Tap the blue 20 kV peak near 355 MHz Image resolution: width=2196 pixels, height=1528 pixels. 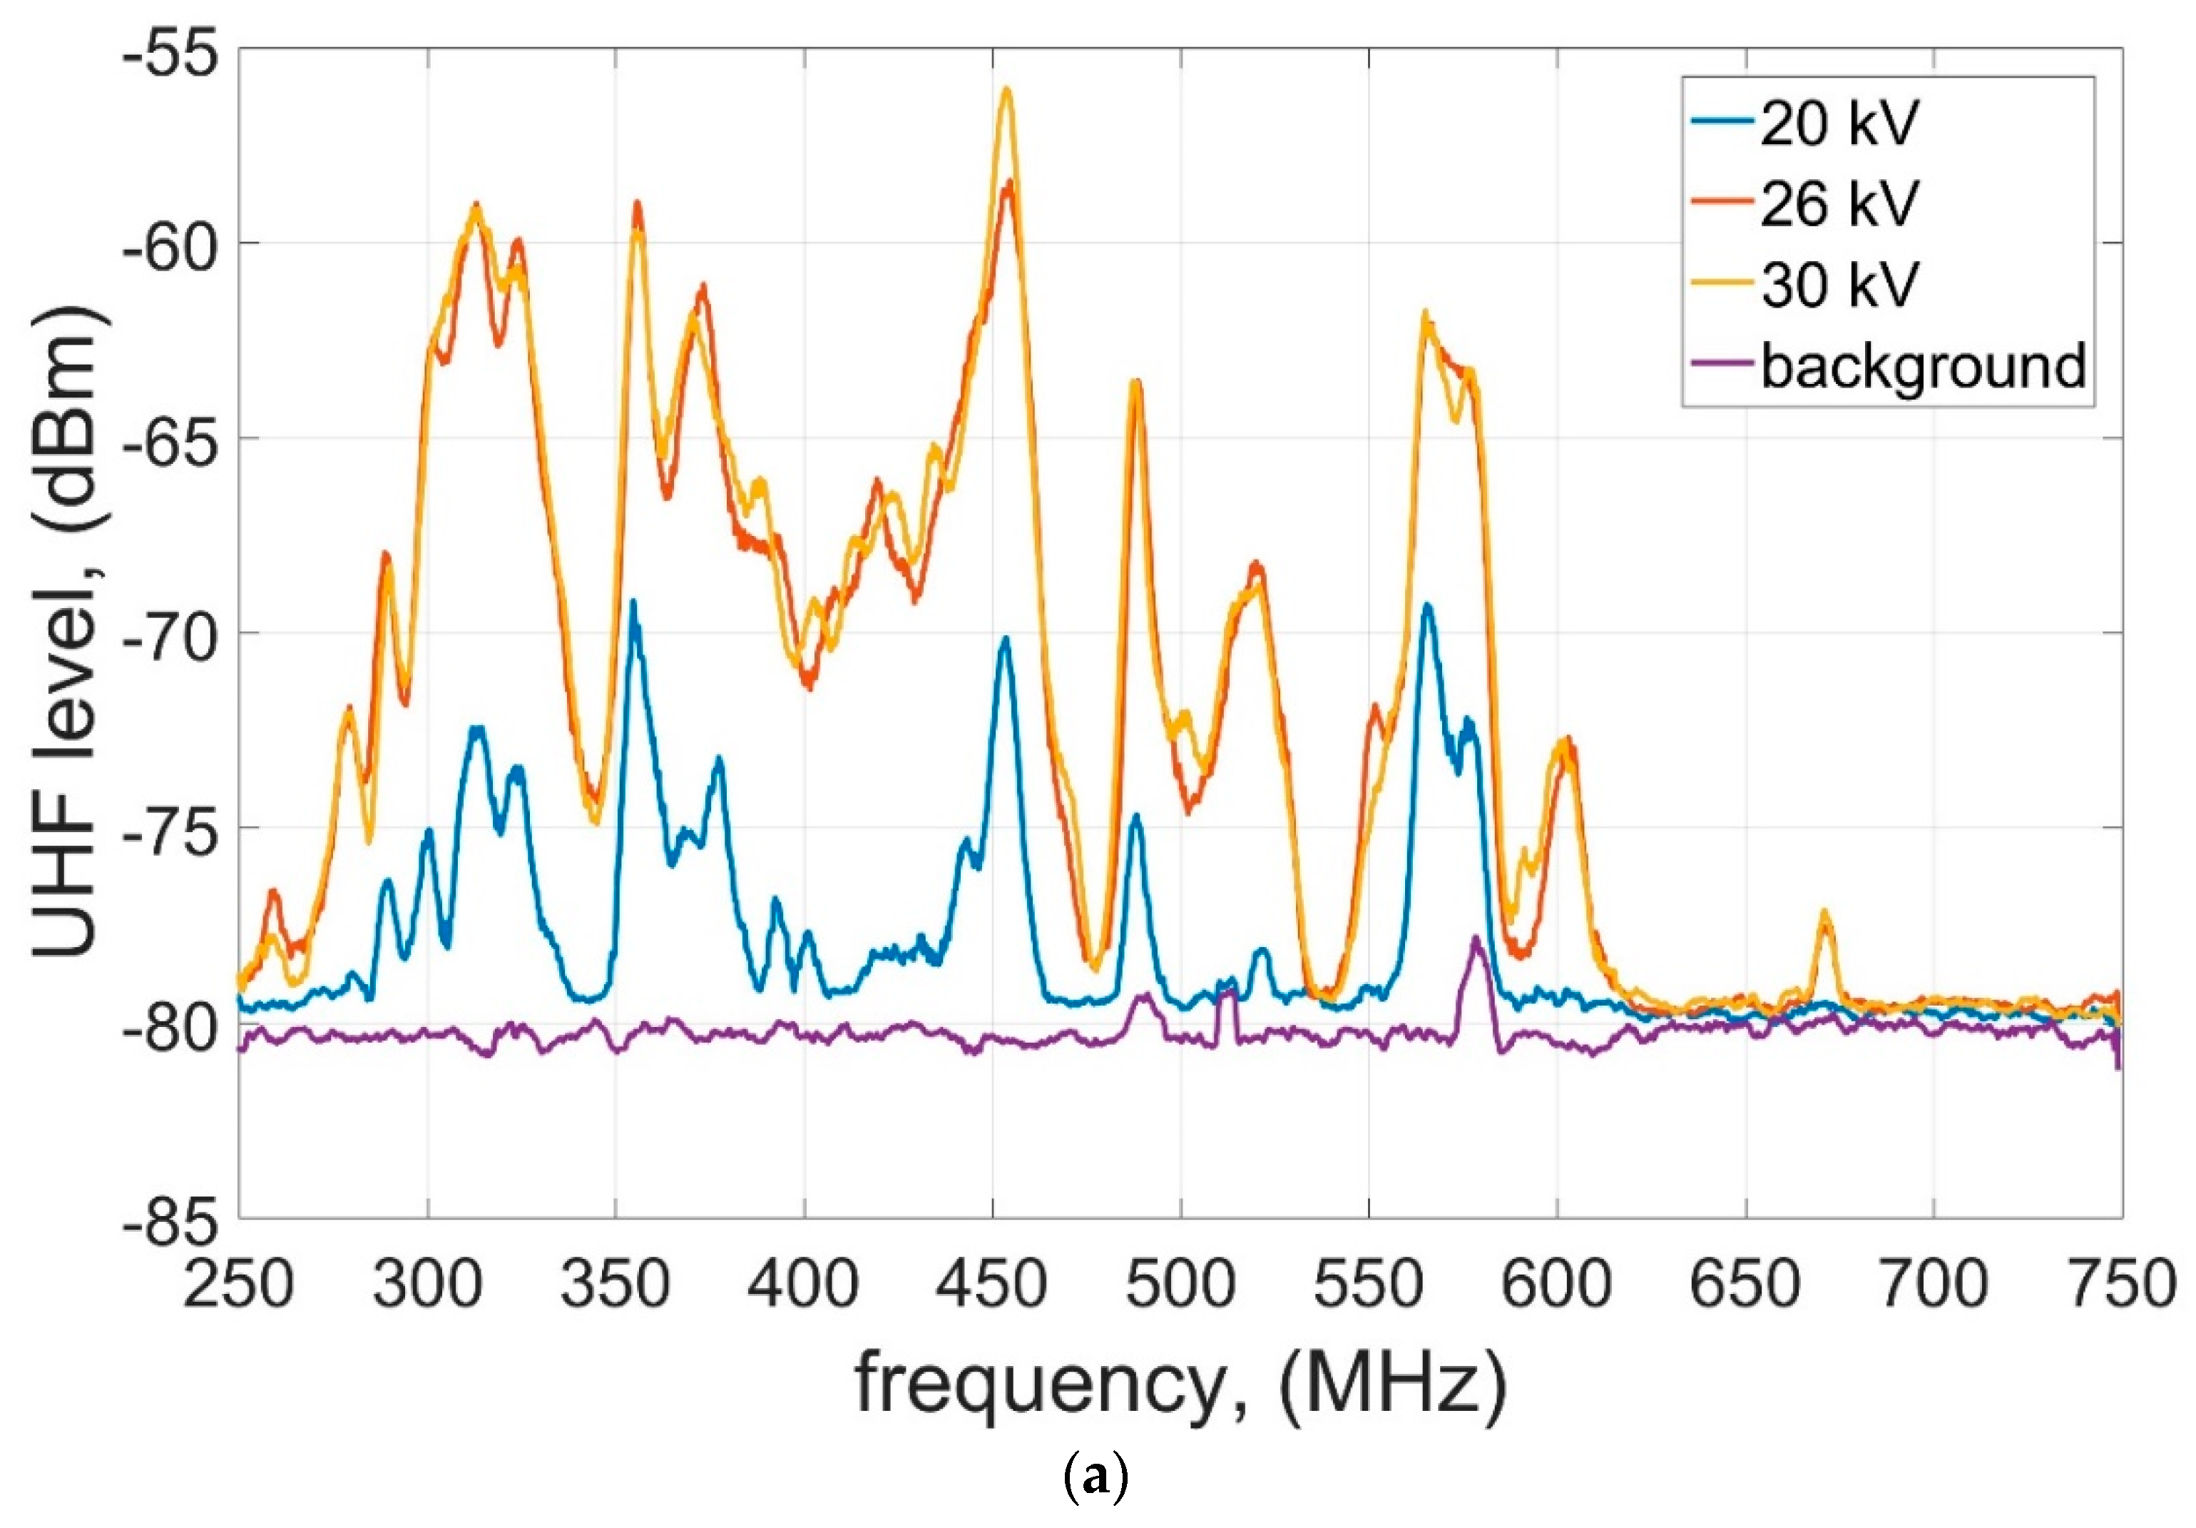[x=632, y=603]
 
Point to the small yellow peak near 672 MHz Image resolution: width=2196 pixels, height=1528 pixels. [x=1824, y=912]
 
